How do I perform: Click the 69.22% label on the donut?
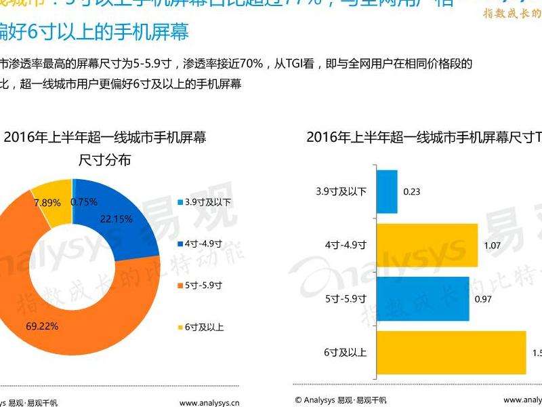pos(42,326)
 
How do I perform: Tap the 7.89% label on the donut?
pos(47,202)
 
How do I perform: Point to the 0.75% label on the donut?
pos(84,201)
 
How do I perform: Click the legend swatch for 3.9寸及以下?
pos(180,202)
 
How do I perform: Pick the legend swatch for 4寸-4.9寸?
pos(180,244)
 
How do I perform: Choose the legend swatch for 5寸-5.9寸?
pos(180,285)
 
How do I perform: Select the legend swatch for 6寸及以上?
pos(180,327)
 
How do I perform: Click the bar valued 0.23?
pos(386,191)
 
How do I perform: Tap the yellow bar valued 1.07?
pos(426,245)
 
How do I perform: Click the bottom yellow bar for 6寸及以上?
pos(451,352)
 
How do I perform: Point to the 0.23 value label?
pos(411,192)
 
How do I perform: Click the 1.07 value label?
pos(492,245)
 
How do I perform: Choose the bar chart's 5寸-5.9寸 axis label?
pos(346,298)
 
